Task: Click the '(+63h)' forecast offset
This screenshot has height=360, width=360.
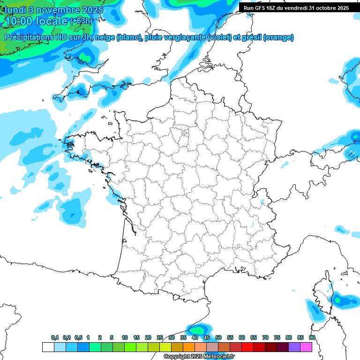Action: coord(82,21)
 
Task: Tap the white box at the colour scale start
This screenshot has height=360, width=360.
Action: coord(48,347)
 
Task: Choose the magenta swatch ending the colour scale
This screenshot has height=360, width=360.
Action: coord(306,347)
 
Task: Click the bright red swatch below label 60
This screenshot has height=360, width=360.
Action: coord(247,347)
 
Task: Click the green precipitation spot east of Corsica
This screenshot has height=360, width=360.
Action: coord(337,299)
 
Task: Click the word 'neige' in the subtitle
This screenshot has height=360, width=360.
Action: coord(104,37)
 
